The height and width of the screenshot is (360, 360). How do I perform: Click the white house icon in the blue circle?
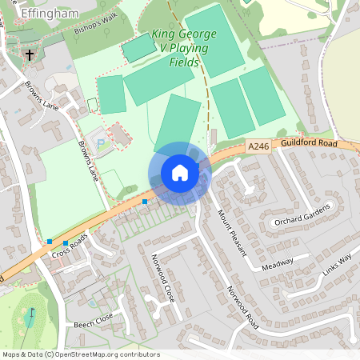pos(179,173)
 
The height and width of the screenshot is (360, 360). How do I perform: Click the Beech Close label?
pos(94,322)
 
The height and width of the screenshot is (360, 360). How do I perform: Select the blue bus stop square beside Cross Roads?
pos(50,241)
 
